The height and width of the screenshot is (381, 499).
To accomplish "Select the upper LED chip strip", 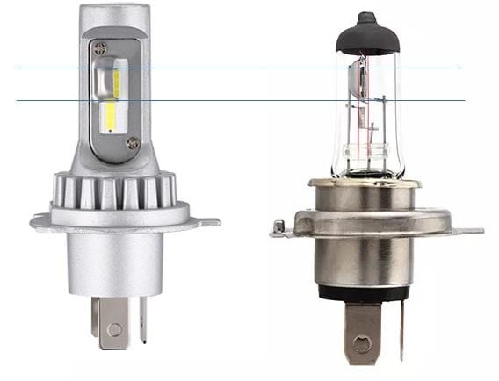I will (x=116, y=83).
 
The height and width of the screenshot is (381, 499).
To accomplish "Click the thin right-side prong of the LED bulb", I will (x=142, y=320).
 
